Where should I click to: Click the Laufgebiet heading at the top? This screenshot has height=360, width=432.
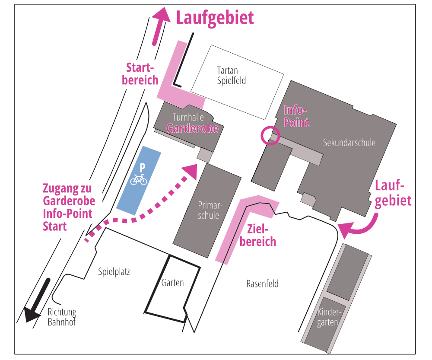click(215, 18)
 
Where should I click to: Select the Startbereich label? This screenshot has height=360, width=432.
click(140, 74)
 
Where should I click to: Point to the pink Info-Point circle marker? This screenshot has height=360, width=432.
click(270, 135)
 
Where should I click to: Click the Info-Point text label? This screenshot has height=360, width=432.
click(297, 116)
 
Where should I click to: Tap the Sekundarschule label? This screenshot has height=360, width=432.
click(349, 143)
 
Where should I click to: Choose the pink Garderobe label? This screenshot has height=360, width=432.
click(192, 128)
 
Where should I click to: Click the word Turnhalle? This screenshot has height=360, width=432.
click(188, 117)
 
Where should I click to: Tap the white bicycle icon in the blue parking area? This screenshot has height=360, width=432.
click(139, 179)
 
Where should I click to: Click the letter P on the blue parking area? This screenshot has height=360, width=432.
click(142, 167)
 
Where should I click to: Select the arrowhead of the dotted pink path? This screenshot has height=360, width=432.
click(189, 171)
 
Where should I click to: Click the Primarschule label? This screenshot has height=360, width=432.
click(209, 210)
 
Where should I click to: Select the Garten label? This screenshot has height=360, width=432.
click(172, 283)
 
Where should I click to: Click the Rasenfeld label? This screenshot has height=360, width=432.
click(262, 284)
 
